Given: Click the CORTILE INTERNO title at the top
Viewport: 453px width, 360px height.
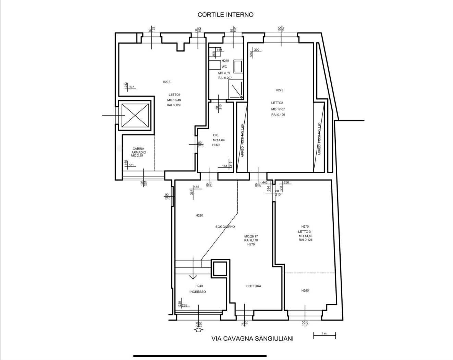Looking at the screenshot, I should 225,15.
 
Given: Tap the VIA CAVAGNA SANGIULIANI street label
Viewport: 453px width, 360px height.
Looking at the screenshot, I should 253,339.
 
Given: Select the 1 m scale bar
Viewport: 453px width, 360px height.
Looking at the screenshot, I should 324,335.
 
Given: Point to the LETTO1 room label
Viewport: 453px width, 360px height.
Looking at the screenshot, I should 174,95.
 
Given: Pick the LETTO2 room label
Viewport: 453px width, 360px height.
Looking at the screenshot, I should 277,103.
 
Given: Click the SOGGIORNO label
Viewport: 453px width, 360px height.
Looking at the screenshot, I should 225,227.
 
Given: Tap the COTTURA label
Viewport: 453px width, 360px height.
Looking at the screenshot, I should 254,286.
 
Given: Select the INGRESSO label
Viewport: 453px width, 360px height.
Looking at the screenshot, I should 198,292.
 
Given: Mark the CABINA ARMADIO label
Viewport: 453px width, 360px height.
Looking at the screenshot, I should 139,151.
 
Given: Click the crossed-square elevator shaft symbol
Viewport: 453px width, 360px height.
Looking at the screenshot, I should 135,116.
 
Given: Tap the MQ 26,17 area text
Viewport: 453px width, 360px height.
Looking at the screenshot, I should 251,237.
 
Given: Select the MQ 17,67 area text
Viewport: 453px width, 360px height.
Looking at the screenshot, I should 278,109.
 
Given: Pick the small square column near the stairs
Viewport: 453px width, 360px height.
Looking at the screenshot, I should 219,268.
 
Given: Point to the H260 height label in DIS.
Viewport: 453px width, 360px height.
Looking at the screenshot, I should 216,145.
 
